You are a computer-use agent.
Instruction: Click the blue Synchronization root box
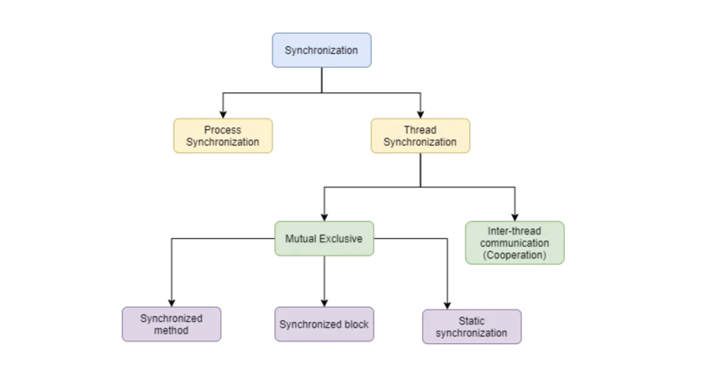pos(321,50)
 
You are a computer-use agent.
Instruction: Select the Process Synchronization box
pos(222,136)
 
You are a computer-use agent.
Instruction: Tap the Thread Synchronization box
pos(420,136)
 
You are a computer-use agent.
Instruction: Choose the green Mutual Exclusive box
pos(324,239)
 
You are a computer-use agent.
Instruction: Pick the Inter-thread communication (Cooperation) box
pos(514,242)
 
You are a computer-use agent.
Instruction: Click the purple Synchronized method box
pos(172,324)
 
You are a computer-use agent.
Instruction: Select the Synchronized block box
pos(324,325)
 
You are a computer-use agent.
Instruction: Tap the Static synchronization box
pos(472,326)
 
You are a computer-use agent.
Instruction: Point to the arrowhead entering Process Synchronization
pos(222,114)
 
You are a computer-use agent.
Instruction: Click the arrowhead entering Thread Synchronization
pos(420,114)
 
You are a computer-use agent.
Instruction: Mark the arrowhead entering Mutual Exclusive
pos(324,217)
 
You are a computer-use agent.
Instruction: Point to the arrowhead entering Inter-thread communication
pos(514,217)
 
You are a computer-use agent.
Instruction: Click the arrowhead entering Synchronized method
pos(172,303)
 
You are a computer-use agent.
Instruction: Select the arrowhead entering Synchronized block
pos(324,303)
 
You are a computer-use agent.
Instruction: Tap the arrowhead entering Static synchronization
pos(447,305)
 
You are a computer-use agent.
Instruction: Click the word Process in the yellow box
pos(222,130)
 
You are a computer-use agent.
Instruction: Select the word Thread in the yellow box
pos(420,130)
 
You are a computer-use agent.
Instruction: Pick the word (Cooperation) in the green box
pos(514,255)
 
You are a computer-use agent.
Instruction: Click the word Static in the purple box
pos(472,320)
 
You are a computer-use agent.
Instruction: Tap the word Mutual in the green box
pos(302,239)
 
